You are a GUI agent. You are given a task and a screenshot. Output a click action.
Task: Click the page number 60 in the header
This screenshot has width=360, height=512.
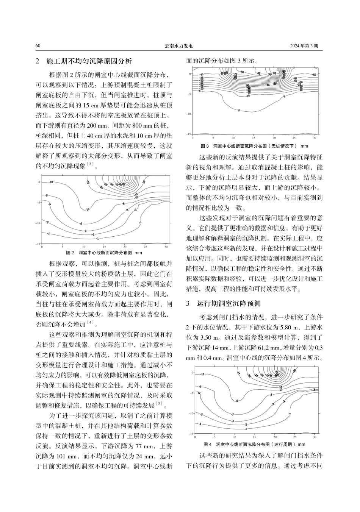[38, 46]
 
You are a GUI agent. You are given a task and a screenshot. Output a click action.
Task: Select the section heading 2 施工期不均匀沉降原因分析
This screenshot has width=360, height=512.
[84, 61]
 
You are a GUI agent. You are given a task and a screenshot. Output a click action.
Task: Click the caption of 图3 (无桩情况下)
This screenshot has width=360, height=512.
[254, 146]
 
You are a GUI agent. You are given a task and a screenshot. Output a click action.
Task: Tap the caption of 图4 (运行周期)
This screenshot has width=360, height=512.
[254, 444]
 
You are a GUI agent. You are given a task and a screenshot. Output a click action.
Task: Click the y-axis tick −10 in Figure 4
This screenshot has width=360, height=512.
[191, 413]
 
